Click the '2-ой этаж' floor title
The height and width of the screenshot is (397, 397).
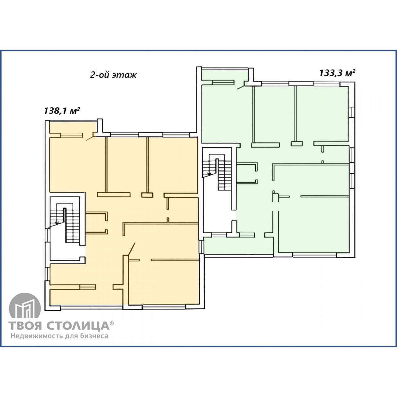[113, 75]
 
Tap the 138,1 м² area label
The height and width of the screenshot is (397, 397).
[62, 111]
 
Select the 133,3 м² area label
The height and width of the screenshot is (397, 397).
[337, 73]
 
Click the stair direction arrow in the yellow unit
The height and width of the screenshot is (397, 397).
[57, 222]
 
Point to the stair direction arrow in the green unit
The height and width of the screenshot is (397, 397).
[209, 174]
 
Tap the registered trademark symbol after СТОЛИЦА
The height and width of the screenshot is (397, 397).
[112, 323]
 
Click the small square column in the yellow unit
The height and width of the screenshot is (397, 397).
[147, 195]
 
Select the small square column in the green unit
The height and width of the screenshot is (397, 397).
[297, 144]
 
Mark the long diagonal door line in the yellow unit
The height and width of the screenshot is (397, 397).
[131, 248]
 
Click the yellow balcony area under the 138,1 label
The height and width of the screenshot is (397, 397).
[73, 127]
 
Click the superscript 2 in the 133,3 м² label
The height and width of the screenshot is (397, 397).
[354, 71]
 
